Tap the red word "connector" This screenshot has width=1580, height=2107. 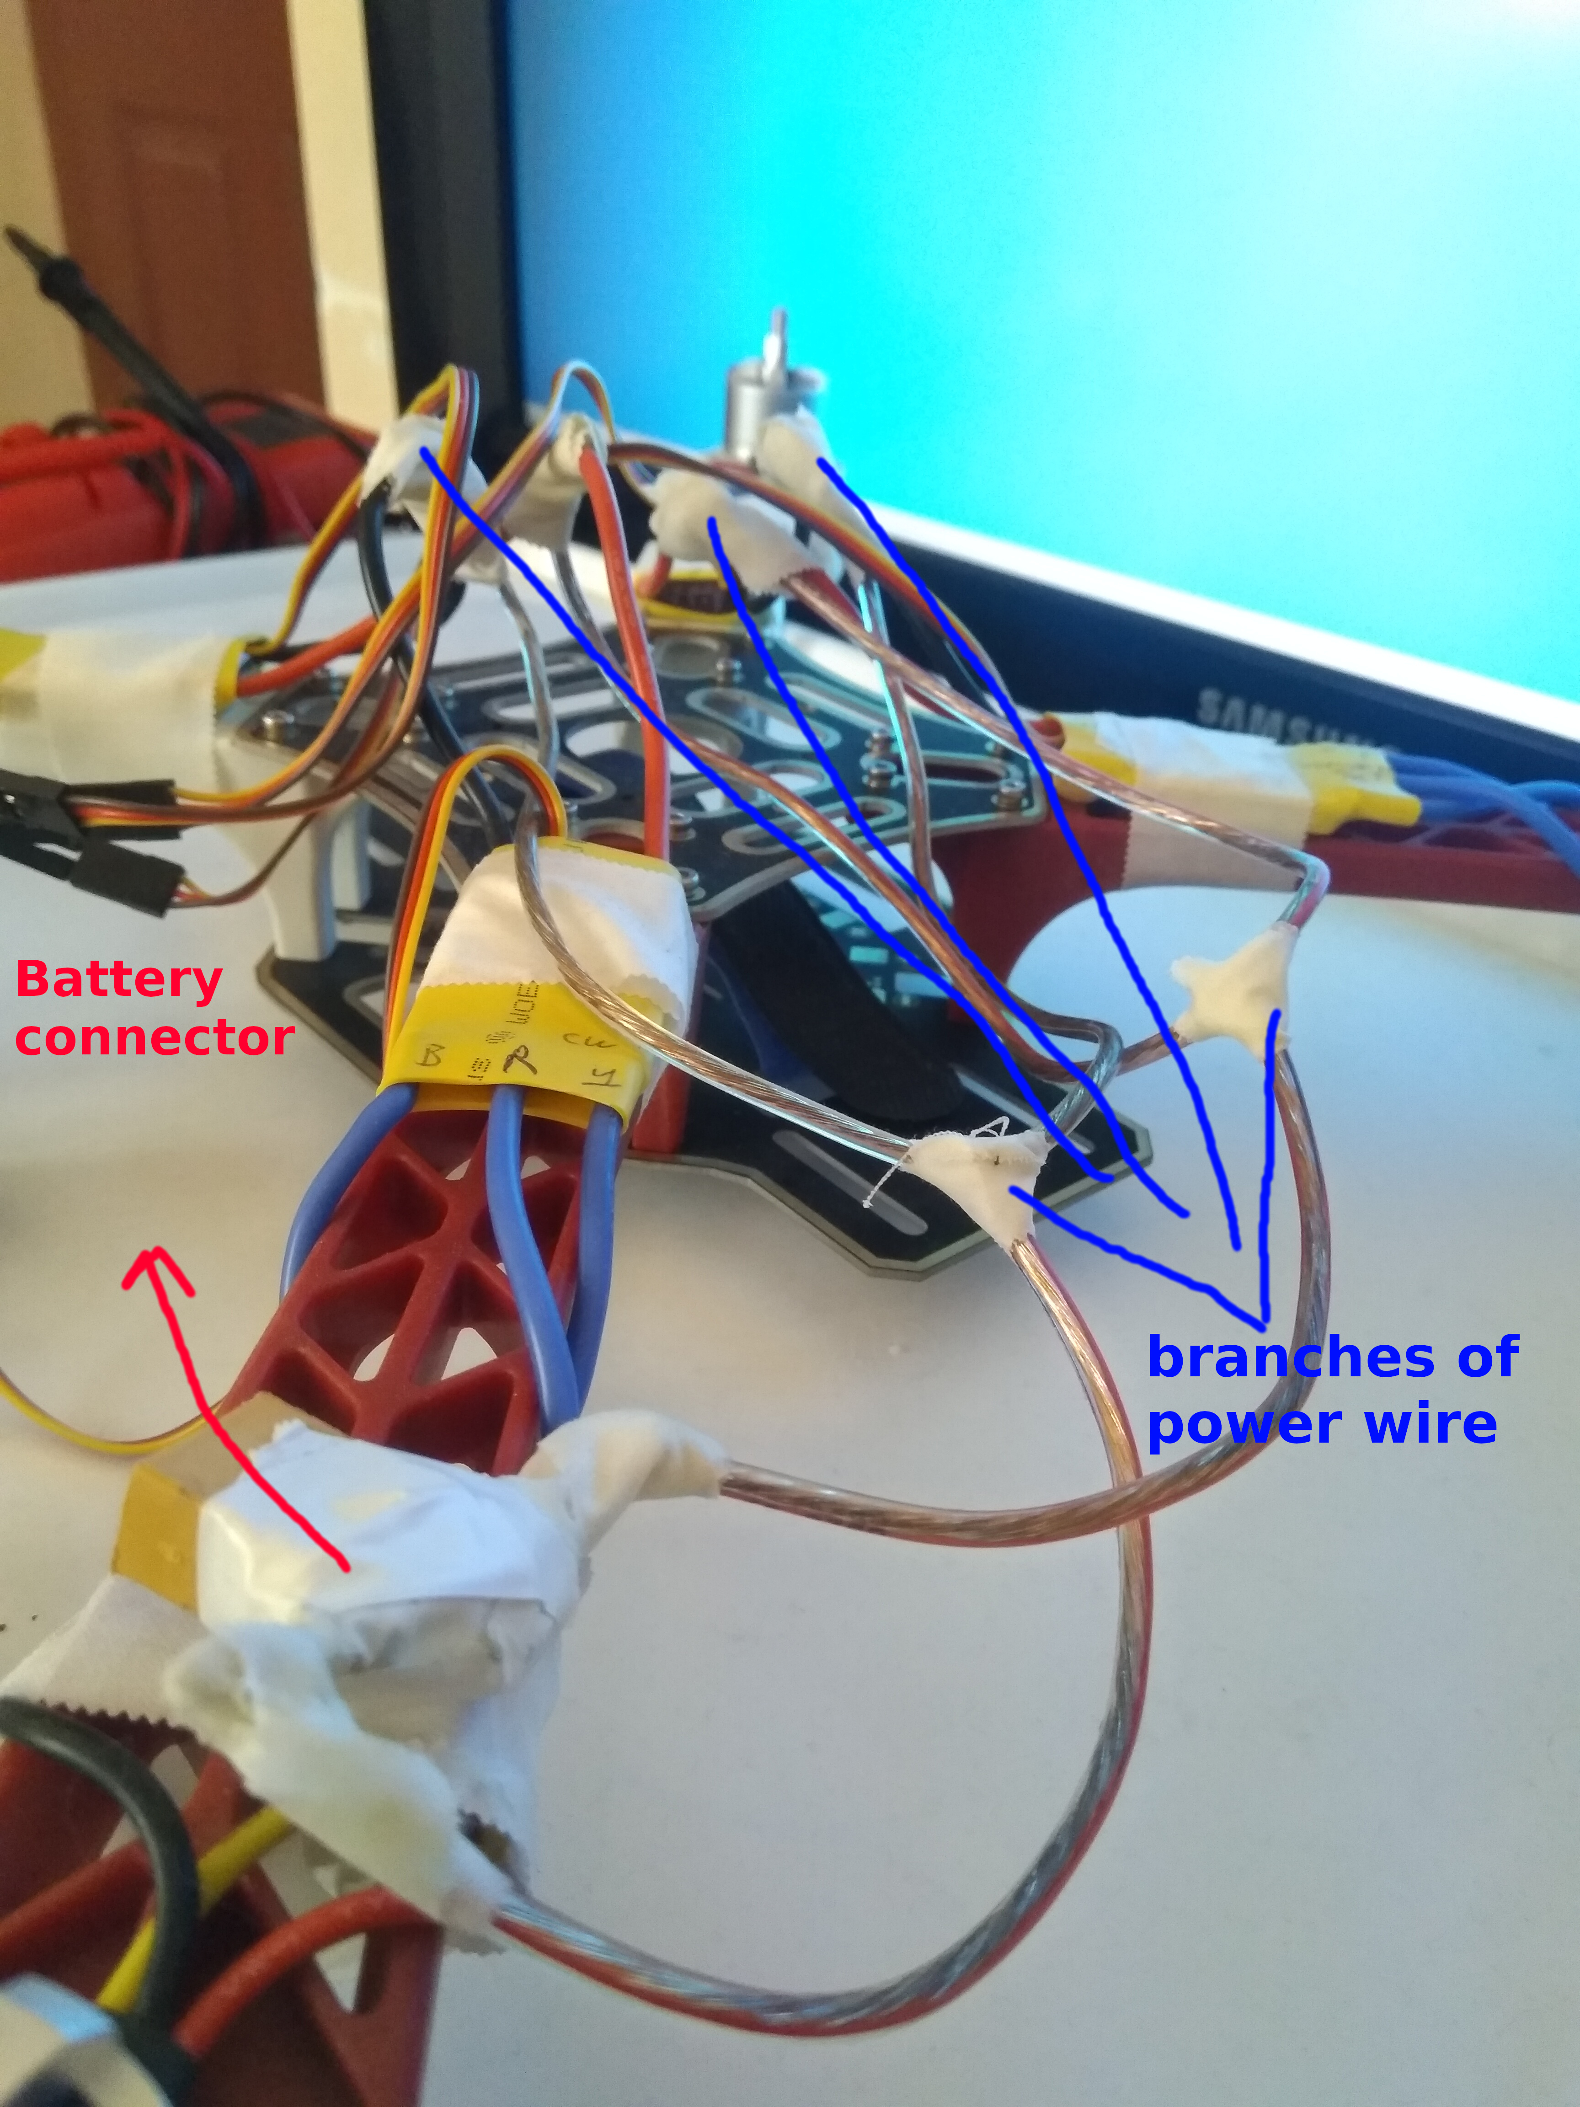154,1037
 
